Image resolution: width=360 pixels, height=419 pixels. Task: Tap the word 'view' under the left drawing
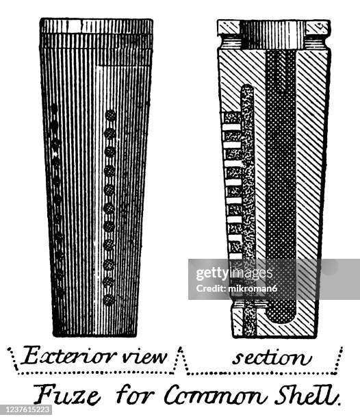click(x=144, y=357)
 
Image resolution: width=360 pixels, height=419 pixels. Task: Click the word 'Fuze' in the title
click(x=67, y=394)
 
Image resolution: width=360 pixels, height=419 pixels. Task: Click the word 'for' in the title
click(x=135, y=395)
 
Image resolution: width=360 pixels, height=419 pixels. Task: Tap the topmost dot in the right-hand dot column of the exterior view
click(x=110, y=116)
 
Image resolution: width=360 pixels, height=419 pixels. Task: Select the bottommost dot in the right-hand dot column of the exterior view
click(x=109, y=300)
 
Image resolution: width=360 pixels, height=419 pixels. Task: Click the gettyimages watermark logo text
click(x=234, y=273)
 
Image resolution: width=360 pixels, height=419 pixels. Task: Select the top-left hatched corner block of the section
click(x=229, y=27)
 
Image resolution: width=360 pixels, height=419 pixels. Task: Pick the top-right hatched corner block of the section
click(x=318, y=27)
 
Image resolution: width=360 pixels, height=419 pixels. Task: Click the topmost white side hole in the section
click(x=231, y=127)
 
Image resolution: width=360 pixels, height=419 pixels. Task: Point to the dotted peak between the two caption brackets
click(x=181, y=349)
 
